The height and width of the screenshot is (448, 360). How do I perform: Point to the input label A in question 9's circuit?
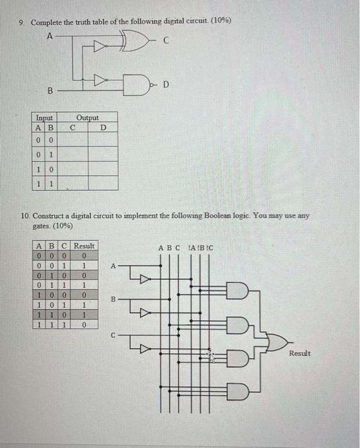pyautogui.click(x=50, y=35)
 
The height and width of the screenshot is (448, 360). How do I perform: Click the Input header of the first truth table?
pyautogui.click(x=44, y=118)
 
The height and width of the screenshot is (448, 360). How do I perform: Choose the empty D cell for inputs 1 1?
pyautogui.click(x=102, y=184)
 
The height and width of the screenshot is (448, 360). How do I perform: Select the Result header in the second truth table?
pyautogui.click(x=84, y=246)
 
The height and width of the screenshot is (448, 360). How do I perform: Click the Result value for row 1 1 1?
pyautogui.click(x=84, y=325)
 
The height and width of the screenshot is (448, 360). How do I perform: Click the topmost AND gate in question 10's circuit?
pyautogui.click(x=235, y=294)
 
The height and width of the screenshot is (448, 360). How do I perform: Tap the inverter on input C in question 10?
pyautogui.click(x=144, y=349)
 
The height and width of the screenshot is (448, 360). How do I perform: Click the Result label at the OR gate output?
pyautogui.click(x=299, y=353)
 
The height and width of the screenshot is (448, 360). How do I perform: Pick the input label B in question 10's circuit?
pyautogui.click(x=113, y=299)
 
